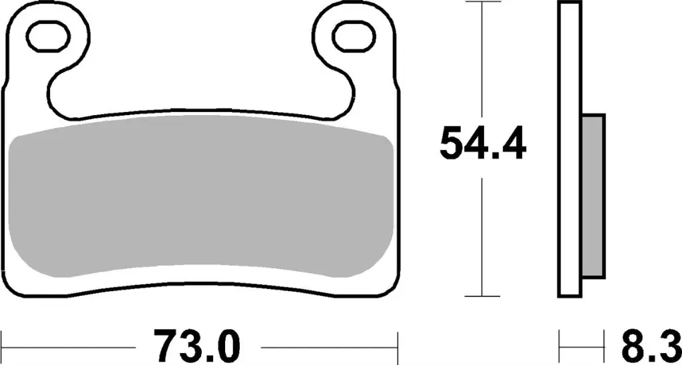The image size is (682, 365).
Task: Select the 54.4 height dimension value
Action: [x=483, y=144]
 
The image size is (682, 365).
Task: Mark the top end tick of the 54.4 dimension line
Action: [x=482, y=3]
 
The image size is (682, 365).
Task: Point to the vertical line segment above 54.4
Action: [x=482, y=60]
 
